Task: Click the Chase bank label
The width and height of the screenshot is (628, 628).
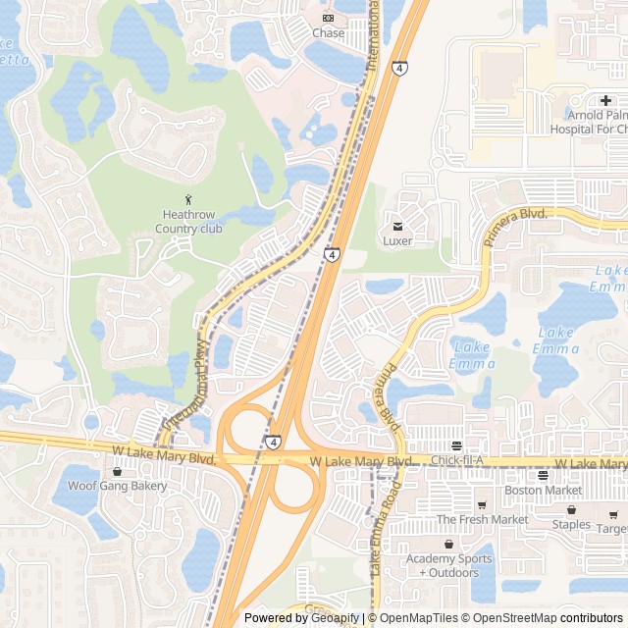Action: (328, 33)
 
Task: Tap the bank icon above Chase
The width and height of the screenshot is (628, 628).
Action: (328, 18)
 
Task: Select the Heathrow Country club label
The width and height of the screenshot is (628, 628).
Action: (189, 222)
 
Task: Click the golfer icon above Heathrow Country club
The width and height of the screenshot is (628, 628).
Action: (189, 200)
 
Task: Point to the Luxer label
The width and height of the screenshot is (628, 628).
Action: (397, 240)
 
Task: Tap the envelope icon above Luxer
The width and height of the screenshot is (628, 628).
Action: (397, 226)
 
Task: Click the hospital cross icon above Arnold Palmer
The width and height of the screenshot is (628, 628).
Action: (606, 100)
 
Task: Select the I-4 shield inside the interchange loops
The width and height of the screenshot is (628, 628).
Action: (272, 443)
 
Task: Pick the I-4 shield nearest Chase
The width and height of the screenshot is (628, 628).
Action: (399, 69)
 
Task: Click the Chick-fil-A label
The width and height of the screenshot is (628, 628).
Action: (458, 461)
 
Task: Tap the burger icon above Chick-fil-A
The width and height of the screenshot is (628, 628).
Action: (456, 445)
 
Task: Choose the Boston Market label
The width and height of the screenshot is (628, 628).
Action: (543, 491)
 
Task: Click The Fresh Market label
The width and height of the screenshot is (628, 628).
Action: (482, 519)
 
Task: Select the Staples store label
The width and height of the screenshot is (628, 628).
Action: (570, 524)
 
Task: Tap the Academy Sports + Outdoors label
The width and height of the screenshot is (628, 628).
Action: (448, 565)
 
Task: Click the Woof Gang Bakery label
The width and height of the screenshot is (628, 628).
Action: (118, 486)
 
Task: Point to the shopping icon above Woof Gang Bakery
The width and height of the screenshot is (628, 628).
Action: (118, 471)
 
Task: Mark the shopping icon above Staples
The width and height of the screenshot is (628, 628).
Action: (571, 510)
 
